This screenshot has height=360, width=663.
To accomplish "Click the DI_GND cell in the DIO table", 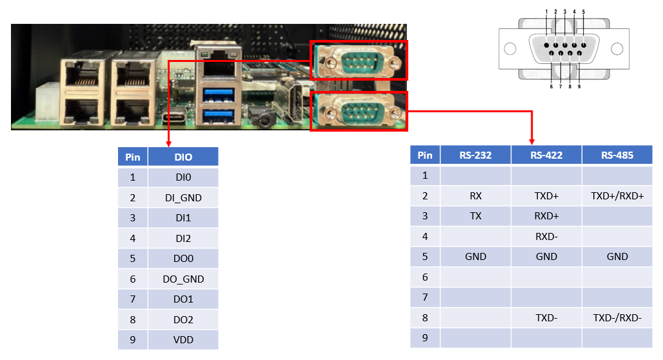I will coord(183,197).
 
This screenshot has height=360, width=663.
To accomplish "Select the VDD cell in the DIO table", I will coord(183,340).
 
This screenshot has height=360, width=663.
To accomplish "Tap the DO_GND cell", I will coord(183,279).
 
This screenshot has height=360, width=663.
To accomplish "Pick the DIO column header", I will coord(183,157).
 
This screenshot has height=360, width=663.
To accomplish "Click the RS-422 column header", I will coord(546,155).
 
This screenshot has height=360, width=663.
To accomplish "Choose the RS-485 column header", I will coord(617,155).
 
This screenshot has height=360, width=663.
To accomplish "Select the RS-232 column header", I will coord(475,155).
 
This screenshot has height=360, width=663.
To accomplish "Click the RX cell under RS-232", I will coord(475,195).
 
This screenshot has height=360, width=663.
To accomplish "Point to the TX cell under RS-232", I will coord(475,216).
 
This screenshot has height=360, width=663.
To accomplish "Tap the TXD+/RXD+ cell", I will coord(617,195).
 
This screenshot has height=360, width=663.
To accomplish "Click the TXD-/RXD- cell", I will coord(617,317).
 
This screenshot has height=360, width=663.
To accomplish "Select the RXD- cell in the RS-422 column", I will coord(546,236).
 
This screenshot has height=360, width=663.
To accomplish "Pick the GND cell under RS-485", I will coord(617,257).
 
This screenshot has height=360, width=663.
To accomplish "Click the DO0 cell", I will coord(183,259).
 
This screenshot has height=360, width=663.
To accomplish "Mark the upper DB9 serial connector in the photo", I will coord(359,60).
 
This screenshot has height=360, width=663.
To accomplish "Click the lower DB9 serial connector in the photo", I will coord(359,111).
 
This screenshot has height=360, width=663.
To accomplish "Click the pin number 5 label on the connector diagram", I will coord(583,12).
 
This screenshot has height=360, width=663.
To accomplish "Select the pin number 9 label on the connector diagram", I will coord(579,86).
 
